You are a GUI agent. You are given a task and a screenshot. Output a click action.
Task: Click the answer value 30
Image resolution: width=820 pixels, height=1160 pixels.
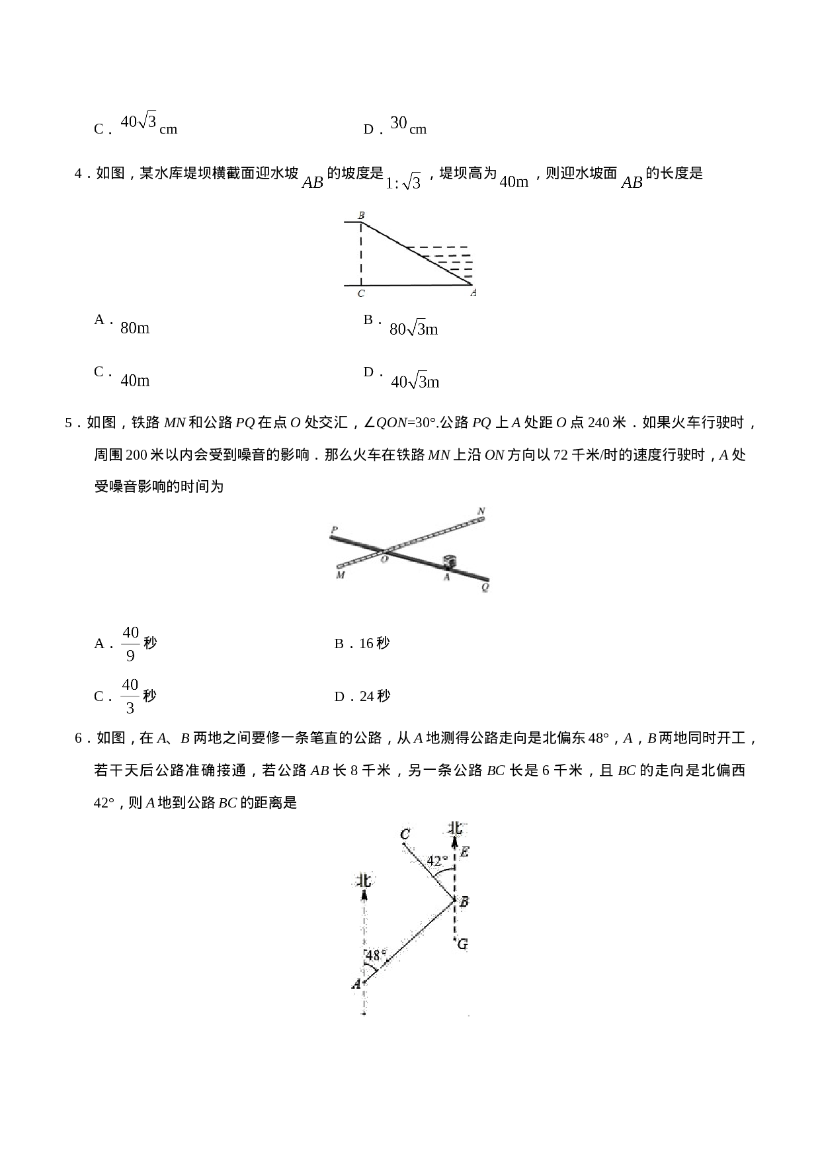[398, 122]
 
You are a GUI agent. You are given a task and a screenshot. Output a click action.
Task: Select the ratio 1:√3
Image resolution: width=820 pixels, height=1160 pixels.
[403, 182]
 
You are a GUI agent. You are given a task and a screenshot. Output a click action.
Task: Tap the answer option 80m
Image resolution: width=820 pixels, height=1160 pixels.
[135, 327]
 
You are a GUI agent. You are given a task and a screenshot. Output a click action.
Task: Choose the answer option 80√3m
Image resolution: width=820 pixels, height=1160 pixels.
[414, 329]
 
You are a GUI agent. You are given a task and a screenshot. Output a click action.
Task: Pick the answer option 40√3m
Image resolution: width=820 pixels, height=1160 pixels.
[415, 382]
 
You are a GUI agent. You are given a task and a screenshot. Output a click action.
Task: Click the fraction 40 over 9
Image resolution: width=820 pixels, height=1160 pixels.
[130, 643]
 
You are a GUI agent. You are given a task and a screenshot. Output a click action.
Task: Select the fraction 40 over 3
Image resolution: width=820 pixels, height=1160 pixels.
[130, 696]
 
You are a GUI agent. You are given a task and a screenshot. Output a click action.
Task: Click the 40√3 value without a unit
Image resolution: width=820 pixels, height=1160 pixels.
[138, 122]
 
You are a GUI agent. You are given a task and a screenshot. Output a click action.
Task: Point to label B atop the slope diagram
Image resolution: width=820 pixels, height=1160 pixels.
[361, 216]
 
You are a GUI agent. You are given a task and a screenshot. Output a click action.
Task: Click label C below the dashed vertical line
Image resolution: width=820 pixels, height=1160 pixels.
[361, 293]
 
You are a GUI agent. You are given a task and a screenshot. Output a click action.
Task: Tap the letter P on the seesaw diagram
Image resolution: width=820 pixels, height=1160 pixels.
[334, 530]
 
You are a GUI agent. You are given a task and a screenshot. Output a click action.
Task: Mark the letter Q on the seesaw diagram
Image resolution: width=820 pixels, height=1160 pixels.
[485, 587]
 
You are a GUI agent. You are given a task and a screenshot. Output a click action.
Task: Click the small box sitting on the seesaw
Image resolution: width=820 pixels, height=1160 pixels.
[450, 561]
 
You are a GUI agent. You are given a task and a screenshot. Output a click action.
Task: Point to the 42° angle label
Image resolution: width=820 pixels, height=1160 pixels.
[436, 861]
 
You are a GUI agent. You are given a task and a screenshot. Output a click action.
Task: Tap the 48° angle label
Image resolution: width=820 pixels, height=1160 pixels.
[376, 955]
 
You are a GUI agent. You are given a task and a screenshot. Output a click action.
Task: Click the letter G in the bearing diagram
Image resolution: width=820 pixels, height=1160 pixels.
[462, 944]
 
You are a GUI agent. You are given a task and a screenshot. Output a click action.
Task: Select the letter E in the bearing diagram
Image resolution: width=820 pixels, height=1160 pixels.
[464, 852]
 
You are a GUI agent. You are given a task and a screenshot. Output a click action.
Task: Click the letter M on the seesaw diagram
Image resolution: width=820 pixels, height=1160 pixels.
[340, 575]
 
